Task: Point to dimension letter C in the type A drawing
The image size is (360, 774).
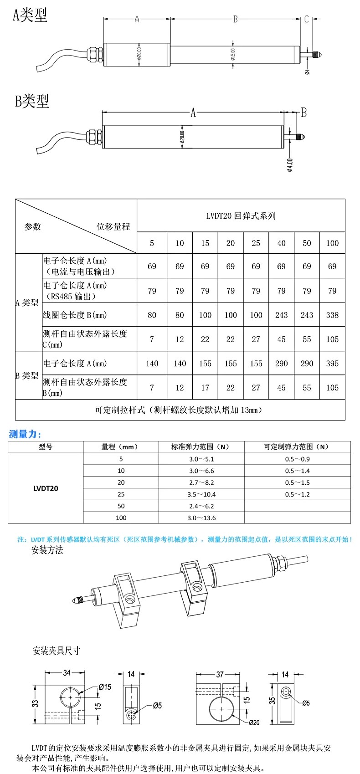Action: (307, 19)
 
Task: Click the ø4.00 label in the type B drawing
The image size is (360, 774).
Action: (290, 165)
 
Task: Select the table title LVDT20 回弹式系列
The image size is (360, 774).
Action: (241, 216)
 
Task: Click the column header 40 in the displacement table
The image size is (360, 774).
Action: (281, 243)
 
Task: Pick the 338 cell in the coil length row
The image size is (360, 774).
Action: (332, 315)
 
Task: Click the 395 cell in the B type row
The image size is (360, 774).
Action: (332, 364)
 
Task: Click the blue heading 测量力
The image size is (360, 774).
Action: (25, 434)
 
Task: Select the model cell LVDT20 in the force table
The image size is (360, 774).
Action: (46, 488)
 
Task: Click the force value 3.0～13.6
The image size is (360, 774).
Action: (201, 518)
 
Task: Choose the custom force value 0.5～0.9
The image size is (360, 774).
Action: (297, 459)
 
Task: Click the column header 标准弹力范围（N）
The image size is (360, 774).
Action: (201, 447)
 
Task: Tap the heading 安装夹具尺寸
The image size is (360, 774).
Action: (56, 651)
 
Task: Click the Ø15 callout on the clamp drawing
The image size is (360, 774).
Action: (104, 687)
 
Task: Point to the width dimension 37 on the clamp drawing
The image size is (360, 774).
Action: (220, 674)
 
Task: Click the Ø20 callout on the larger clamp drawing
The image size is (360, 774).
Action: (254, 723)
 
